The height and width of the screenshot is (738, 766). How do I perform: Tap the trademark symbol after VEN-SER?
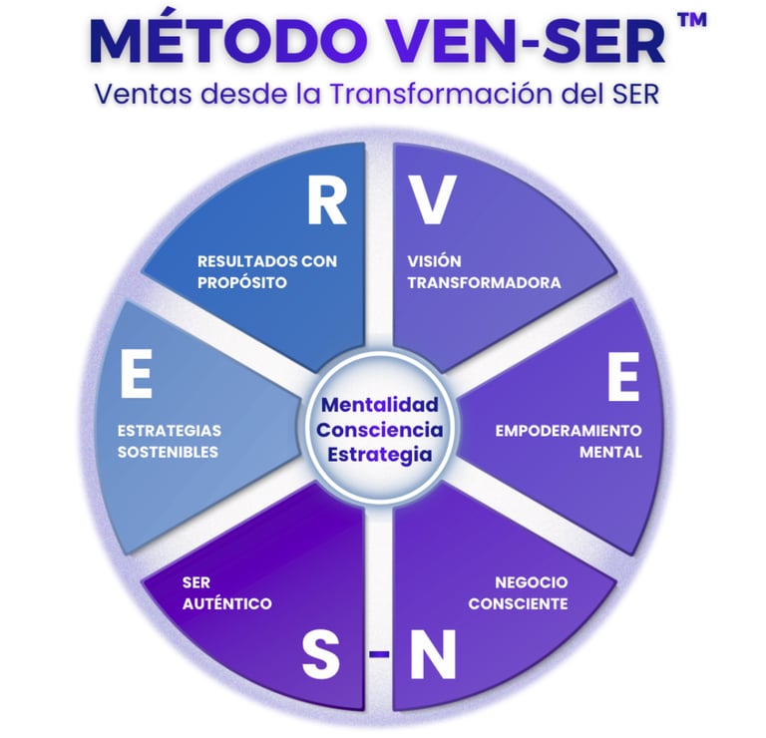point(693,20)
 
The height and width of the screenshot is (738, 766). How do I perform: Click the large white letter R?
point(327,200)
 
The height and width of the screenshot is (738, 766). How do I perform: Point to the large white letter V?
point(432,200)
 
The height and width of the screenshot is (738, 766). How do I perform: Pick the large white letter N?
point(433,654)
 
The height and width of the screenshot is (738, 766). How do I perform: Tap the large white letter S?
point(320,654)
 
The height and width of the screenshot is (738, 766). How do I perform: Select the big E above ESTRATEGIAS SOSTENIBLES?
point(136,374)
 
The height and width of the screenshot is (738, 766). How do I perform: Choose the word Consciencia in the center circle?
point(380,430)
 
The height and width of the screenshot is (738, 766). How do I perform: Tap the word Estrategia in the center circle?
point(380,455)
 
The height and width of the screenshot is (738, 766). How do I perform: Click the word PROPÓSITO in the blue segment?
point(241,282)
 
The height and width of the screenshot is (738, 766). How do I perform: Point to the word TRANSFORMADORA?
point(484,283)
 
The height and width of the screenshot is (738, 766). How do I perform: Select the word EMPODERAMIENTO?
point(569,431)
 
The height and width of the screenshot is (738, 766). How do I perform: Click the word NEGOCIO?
point(532,582)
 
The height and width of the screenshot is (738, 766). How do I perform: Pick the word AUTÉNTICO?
point(227,603)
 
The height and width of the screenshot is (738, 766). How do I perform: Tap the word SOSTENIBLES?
point(168,452)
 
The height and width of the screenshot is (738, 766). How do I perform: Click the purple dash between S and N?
point(379,653)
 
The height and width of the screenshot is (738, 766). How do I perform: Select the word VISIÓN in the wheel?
point(434,261)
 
